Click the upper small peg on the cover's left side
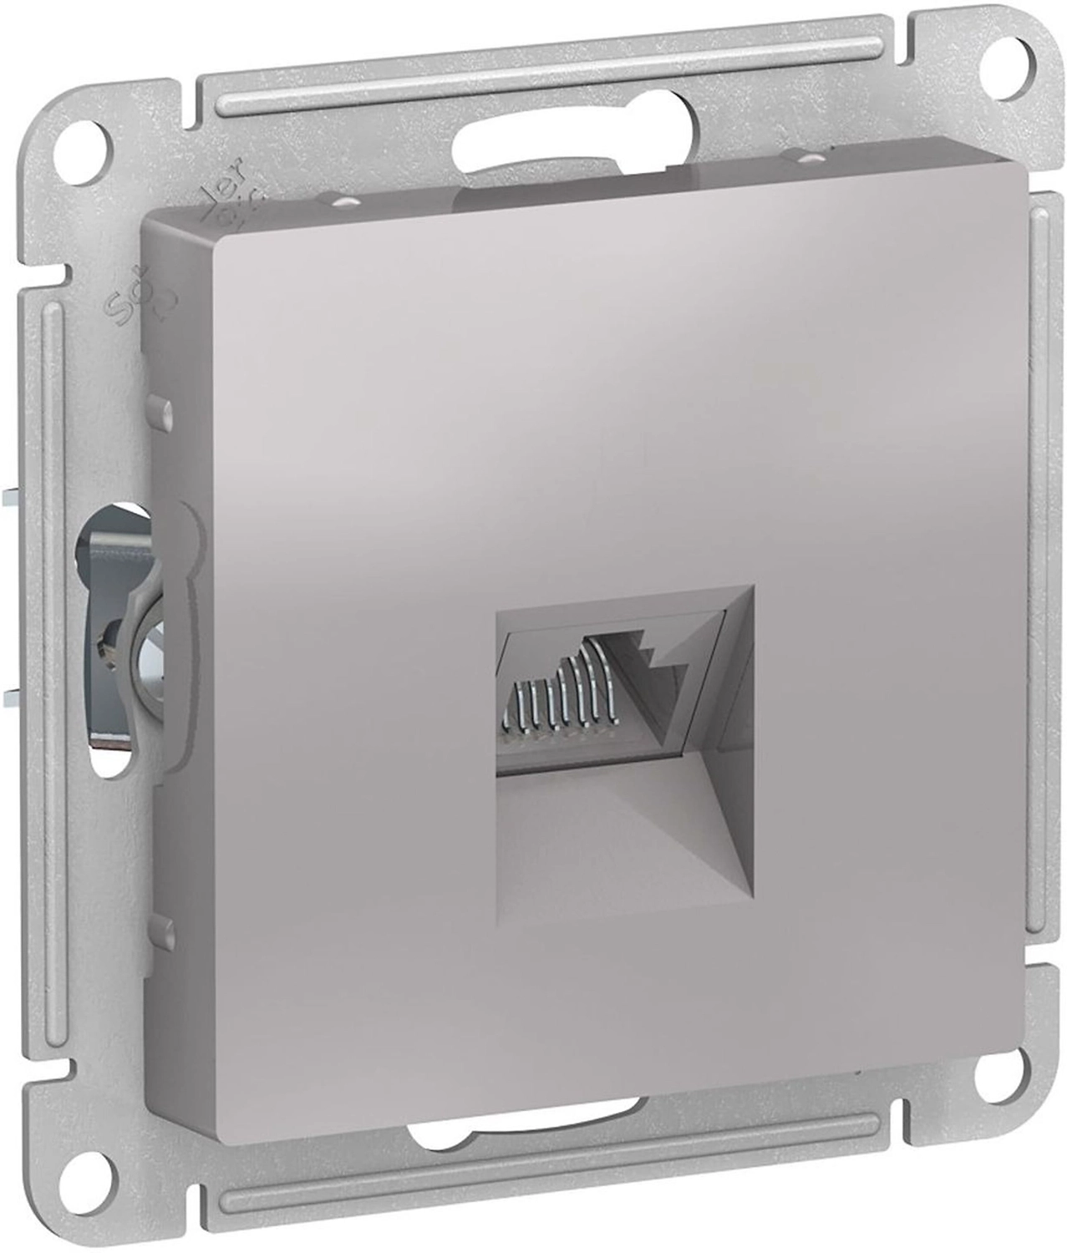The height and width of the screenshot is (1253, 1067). (x=160, y=409)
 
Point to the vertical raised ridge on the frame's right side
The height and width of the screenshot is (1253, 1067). (x=1039, y=585)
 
